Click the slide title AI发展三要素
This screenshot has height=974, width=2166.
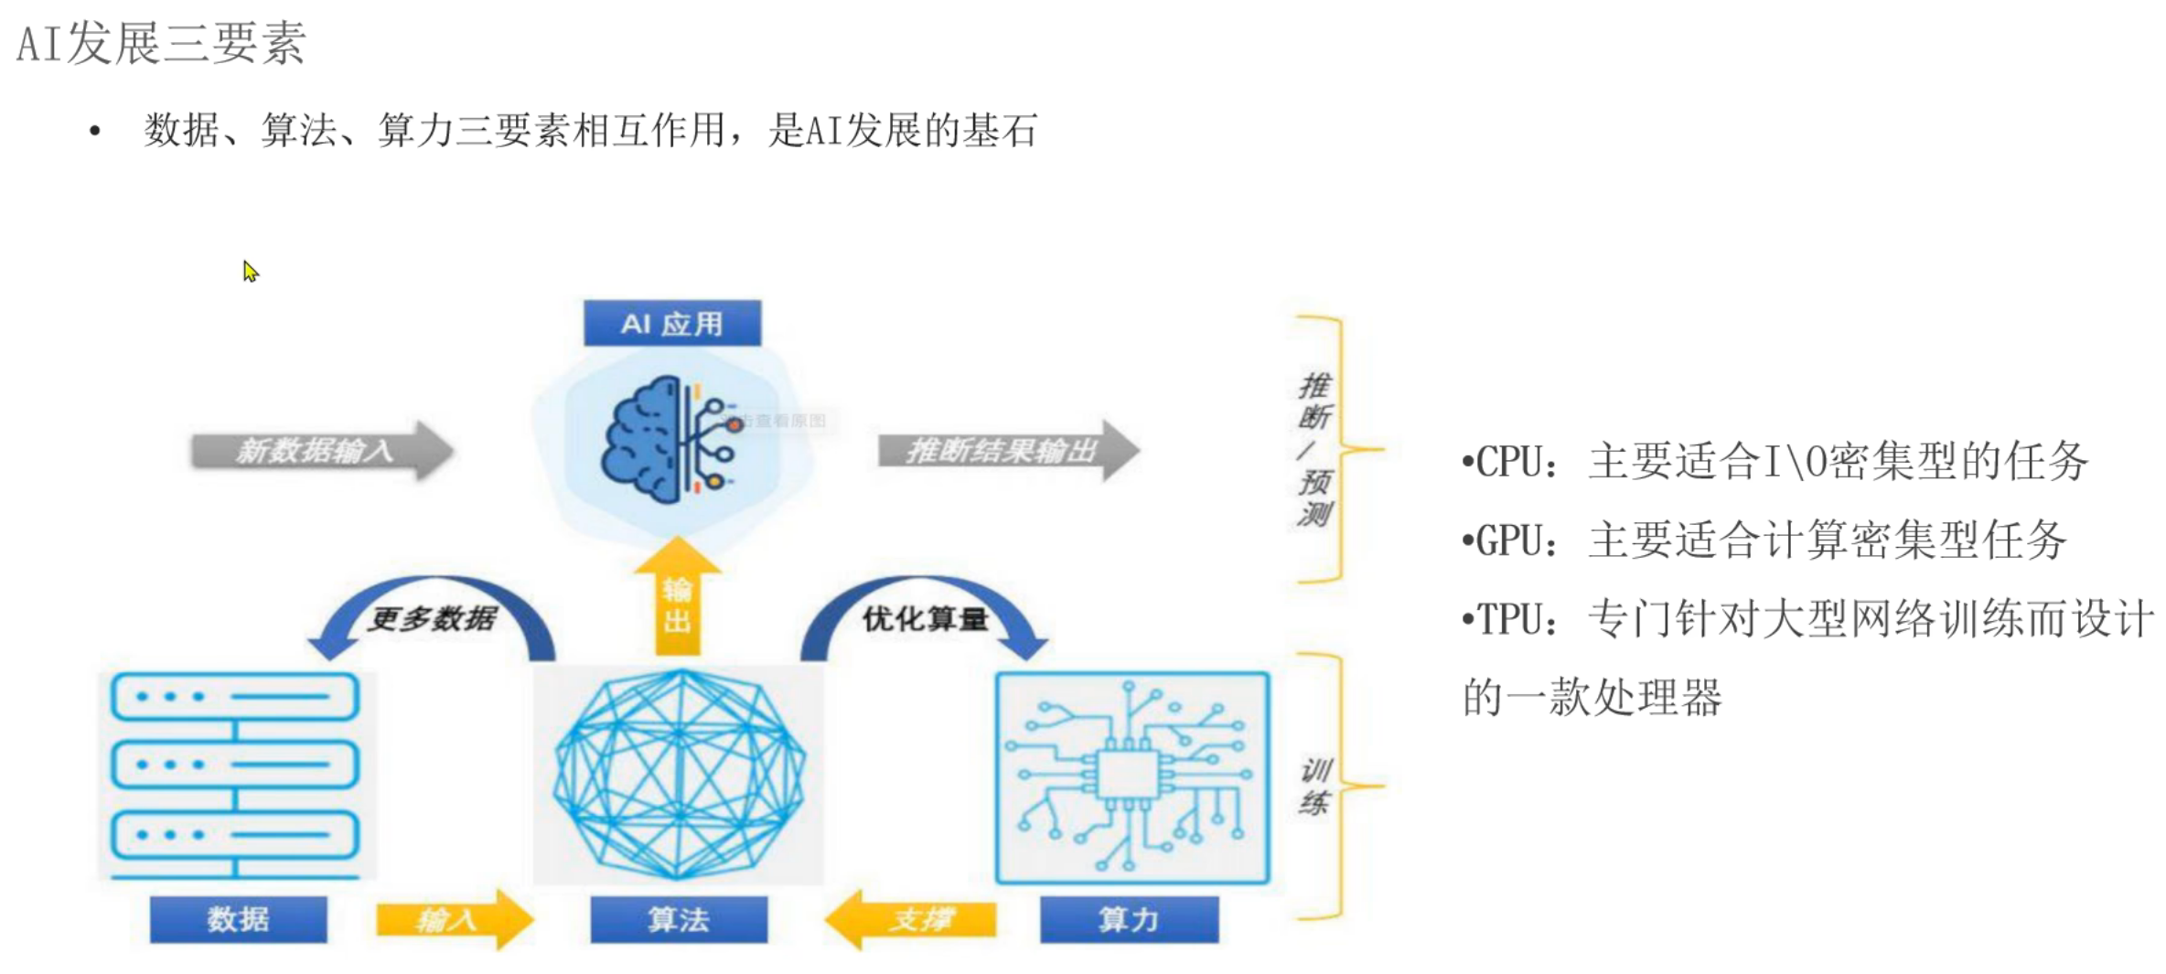click(x=161, y=43)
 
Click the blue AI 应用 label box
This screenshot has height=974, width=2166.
click(x=671, y=323)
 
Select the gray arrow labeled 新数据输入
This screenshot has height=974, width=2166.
click(x=320, y=450)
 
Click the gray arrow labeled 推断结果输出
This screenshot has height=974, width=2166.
click(x=1006, y=450)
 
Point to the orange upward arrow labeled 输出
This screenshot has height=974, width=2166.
click(x=677, y=599)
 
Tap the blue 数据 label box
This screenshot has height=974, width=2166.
click(x=238, y=918)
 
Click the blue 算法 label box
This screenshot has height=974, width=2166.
click(x=678, y=918)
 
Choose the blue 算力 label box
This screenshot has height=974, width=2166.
click(x=1129, y=918)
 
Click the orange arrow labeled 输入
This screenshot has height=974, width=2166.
click(x=453, y=918)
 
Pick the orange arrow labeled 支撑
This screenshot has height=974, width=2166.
click(x=910, y=918)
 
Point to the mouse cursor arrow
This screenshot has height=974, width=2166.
click(x=250, y=272)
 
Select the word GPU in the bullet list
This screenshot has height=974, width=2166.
click(x=1509, y=541)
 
